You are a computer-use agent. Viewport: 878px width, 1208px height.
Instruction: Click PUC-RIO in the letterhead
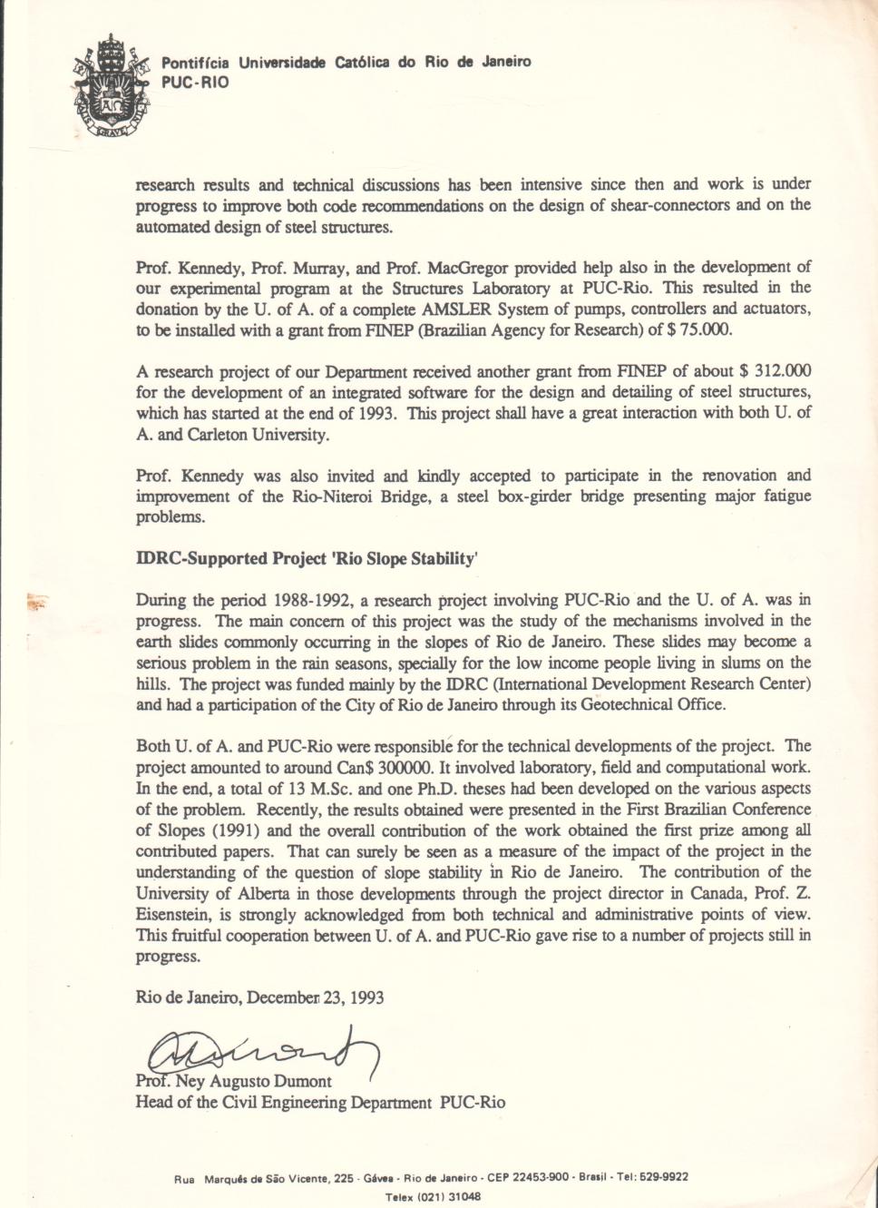[195, 83]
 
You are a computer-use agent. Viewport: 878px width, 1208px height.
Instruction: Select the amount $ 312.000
[776, 371]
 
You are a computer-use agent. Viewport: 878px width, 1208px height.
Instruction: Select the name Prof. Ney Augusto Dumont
[233, 1082]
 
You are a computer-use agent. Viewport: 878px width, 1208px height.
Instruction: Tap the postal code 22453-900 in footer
[541, 1177]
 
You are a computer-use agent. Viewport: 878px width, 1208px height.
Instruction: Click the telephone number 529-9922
[665, 1177]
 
